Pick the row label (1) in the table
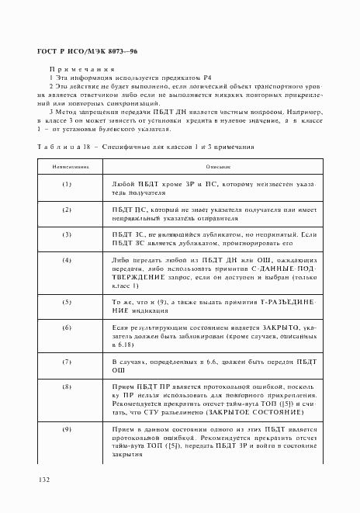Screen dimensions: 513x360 (x=67, y=184)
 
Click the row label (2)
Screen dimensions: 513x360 (x=67, y=210)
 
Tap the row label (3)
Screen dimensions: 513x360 (x=67, y=234)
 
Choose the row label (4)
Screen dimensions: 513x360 (x=67, y=259)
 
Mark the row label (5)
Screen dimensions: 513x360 (x=67, y=300)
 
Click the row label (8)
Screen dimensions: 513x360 (x=67, y=386)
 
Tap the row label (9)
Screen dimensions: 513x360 (x=67, y=429)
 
